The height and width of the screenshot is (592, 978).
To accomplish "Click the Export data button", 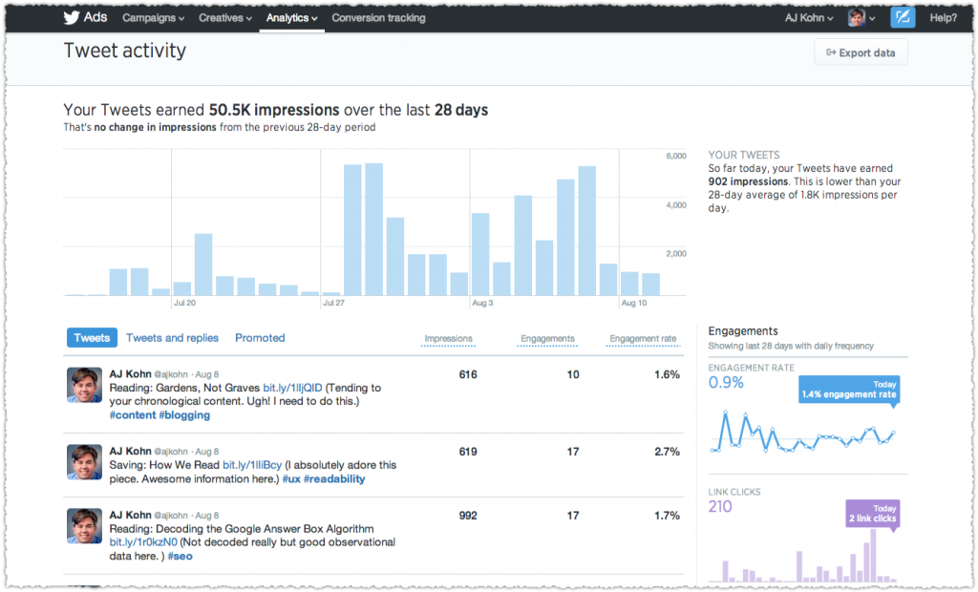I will (x=861, y=53).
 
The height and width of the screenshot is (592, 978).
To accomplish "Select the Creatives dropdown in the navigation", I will (x=225, y=18).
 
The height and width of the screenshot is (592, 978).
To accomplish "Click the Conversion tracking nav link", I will (x=378, y=18).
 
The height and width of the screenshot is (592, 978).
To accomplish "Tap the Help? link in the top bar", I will (x=943, y=18).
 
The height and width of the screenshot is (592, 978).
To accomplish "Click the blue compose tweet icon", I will (x=903, y=18).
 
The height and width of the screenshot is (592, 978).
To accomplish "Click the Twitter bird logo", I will (x=72, y=18).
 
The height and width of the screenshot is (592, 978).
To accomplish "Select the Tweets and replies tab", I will (x=172, y=338).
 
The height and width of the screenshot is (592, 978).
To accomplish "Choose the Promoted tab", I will (x=260, y=338).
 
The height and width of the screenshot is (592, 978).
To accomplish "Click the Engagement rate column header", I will (x=643, y=339).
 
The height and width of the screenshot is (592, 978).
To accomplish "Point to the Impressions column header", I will (x=448, y=339).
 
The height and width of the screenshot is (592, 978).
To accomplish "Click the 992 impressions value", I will (x=467, y=516).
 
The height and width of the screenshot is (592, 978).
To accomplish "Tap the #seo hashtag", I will (x=180, y=556).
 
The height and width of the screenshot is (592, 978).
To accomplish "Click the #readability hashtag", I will (x=334, y=479).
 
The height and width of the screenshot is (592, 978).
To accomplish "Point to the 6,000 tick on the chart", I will (x=675, y=156).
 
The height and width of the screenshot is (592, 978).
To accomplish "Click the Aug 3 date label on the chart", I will (x=482, y=304).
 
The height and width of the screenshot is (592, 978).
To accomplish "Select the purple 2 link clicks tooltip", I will (x=872, y=515).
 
